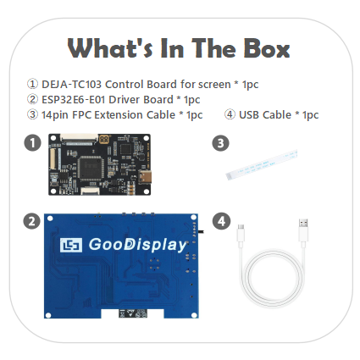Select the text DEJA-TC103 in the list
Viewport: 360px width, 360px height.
coord(72,84)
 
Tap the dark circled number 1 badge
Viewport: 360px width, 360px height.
coord(31,143)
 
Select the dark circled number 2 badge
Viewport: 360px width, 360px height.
coord(31,222)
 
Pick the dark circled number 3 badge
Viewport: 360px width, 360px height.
coord(220,143)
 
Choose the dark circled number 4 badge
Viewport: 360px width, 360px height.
coord(220,222)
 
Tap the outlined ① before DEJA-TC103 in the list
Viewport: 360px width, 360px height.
coord(32,84)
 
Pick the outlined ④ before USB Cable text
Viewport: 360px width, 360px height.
coord(230,114)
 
